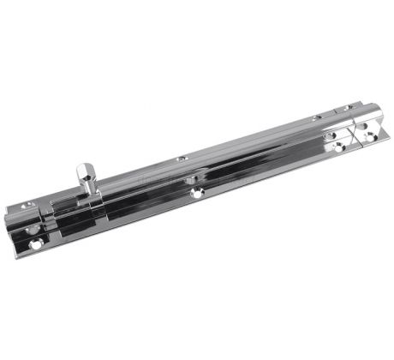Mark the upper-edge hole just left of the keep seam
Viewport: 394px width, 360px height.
point(317,117)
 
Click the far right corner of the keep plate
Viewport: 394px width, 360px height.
point(382,120)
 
